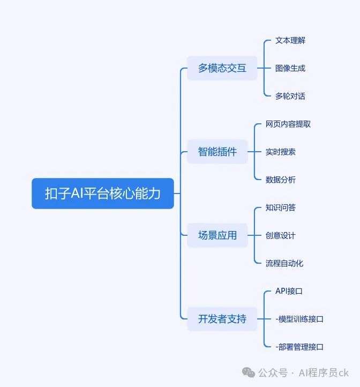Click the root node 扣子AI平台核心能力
click(x=103, y=193)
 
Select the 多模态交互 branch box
click(x=222, y=68)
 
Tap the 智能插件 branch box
click(x=217, y=152)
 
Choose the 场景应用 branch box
click(x=217, y=235)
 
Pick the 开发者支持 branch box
click(x=222, y=319)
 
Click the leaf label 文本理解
click(x=290, y=40)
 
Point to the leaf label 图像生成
click(x=290, y=68)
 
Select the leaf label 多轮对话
click(x=290, y=96)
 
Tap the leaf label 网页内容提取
click(x=288, y=124)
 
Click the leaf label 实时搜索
click(x=281, y=152)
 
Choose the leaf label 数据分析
click(x=281, y=180)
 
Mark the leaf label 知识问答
click(x=281, y=207)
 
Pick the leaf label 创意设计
click(x=281, y=235)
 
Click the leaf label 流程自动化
click(x=284, y=263)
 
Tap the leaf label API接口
click(x=289, y=291)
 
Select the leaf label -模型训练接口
click(x=299, y=319)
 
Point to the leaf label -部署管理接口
click(x=299, y=347)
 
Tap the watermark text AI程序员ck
click(x=324, y=373)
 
